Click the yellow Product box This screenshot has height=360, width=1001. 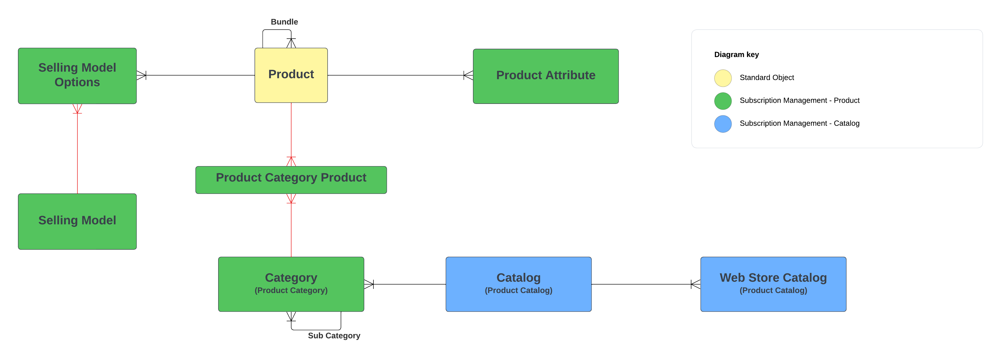(x=291, y=75)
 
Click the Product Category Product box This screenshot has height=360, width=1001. (x=291, y=180)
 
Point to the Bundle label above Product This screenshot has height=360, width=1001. (x=284, y=22)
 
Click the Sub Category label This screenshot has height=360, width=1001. (x=334, y=335)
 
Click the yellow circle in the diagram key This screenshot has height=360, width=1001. (x=722, y=78)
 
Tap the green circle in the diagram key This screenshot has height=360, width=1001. (x=722, y=101)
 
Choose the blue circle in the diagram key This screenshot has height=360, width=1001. (x=722, y=124)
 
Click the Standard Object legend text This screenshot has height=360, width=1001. (x=766, y=77)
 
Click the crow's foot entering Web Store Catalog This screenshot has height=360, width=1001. (x=695, y=284)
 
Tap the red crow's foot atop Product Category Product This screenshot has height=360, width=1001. (x=291, y=161)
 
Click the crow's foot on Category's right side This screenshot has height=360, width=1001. (x=369, y=284)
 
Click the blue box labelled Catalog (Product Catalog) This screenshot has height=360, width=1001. (x=518, y=284)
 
